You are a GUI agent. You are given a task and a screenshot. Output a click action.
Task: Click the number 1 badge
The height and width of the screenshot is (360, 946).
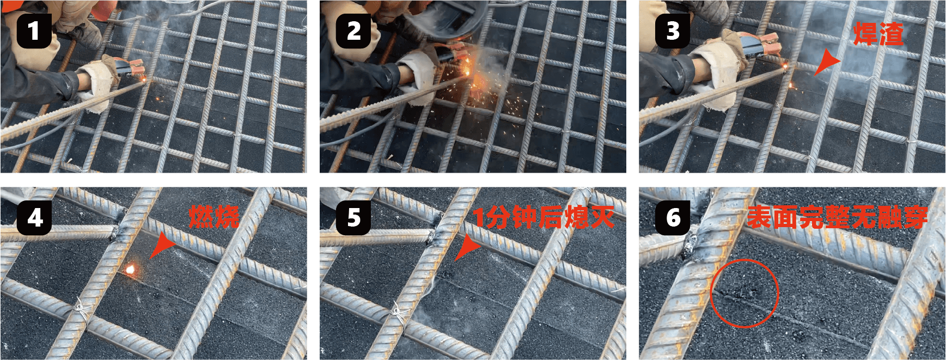pos(34,30)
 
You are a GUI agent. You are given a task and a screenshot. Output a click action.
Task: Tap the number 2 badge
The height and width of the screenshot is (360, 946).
pos(353,30)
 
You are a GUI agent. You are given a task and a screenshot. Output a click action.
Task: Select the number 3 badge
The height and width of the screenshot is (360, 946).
pos(673,30)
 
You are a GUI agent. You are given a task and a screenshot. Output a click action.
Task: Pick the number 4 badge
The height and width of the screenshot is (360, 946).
pos(34,218)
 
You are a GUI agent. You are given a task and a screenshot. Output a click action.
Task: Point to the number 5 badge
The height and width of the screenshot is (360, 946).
pos(353,218)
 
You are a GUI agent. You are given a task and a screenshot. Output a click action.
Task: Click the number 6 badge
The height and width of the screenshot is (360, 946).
pos(673,218)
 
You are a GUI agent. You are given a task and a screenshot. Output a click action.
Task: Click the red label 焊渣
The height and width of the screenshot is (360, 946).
pos(878,34)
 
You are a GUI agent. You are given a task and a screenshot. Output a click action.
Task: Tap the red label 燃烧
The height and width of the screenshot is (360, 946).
pos(214,217)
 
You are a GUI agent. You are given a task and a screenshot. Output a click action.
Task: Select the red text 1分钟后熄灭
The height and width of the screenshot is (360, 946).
pos(544,217)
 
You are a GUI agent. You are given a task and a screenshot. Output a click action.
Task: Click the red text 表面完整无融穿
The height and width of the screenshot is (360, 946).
pos(837,217)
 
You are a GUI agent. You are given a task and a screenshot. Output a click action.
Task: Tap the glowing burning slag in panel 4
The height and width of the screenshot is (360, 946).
pos(130,269)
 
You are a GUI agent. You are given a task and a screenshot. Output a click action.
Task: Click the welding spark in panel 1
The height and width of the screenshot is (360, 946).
pos(144,80)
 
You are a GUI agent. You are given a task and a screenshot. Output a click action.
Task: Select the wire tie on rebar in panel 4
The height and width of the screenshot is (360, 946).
pos(82,310)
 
